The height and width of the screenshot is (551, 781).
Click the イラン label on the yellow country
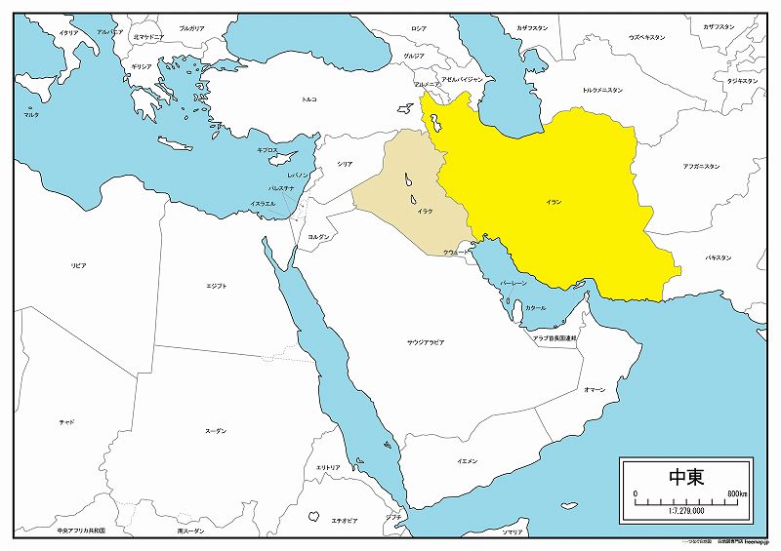point(554,201)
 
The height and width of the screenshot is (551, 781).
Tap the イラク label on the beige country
point(425,211)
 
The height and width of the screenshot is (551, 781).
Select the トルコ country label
point(308,99)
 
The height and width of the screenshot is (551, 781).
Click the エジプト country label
point(217,286)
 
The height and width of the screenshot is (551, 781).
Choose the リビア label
point(78,265)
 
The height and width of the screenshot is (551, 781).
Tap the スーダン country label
point(216,430)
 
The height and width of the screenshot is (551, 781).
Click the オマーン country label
point(594,389)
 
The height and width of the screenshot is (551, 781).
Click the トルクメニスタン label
point(602,90)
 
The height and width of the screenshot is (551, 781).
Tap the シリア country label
point(345,165)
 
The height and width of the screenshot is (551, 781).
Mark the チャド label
point(66,421)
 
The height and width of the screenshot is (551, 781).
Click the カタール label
point(535,307)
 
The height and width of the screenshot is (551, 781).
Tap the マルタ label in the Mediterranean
point(32,115)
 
